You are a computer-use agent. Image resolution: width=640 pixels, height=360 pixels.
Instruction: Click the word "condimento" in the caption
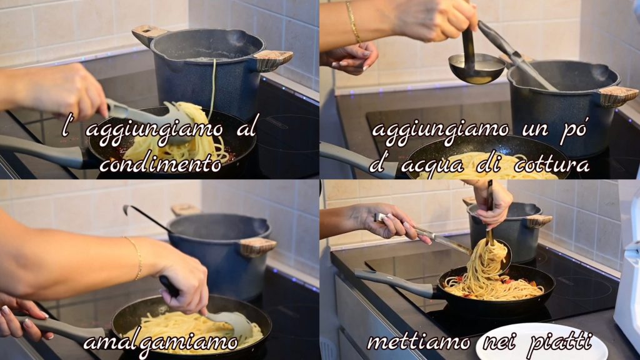(x=161, y=164)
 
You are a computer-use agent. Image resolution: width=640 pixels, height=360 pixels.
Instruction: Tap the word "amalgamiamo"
(x=161, y=343)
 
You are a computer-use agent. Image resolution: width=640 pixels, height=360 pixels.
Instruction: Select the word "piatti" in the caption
(x=559, y=342)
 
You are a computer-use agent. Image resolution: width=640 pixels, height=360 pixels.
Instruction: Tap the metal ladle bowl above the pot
(x=477, y=68)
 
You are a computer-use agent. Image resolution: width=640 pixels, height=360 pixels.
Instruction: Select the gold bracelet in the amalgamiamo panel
(x=136, y=257)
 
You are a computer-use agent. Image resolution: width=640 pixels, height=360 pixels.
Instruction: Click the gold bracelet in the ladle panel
(x=353, y=22)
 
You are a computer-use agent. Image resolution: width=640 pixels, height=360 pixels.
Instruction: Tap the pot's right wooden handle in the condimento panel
(x=272, y=60)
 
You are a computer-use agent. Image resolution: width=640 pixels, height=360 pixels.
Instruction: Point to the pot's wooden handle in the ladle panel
(x=617, y=97)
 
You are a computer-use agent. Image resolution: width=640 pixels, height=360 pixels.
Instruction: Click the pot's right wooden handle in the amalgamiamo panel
(x=257, y=247)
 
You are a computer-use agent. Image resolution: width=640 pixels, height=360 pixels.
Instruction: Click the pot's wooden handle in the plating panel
(x=539, y=221)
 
